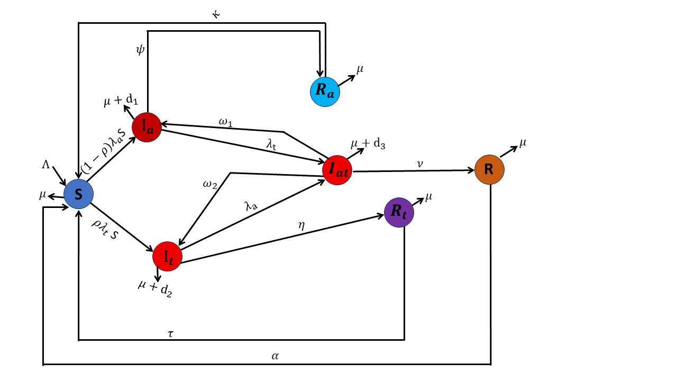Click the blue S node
(79, 194)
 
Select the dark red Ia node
(147, 128)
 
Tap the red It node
(168, 257)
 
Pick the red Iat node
(337, 170)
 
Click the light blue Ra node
(325, 92)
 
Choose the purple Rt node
(399, 212)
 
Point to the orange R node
(489, 170)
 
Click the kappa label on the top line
(216, 14)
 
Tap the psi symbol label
(140, 50)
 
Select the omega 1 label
(225, 122)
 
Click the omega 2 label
(210, 184)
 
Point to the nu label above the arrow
(420, 164)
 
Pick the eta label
(301, 225)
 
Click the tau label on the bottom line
(171, 334)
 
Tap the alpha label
(275, 356)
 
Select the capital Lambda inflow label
(45, 165)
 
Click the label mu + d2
(155, 288)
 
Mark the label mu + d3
(368, 144)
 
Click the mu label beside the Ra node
(360, 69)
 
